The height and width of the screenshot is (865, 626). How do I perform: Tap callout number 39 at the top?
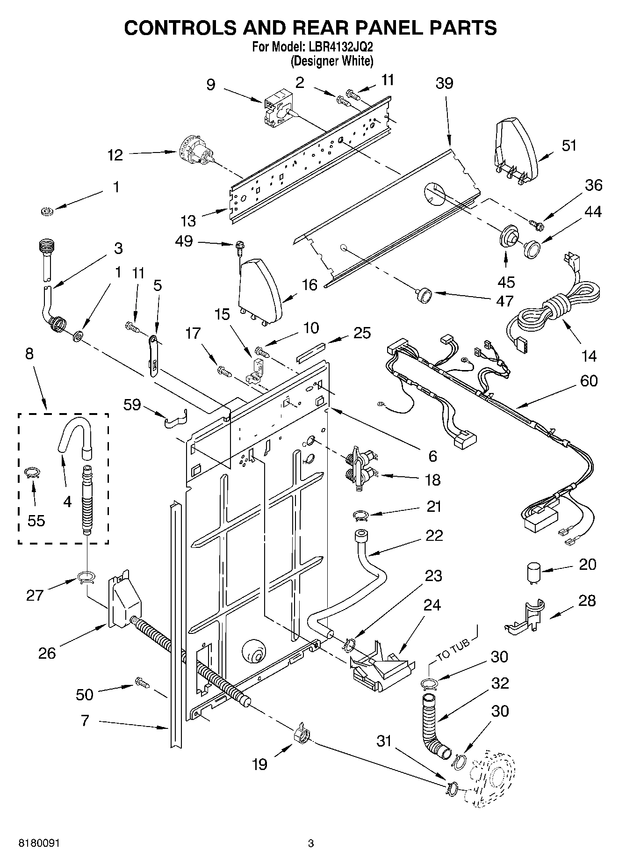444,83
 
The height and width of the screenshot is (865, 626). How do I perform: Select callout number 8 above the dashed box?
29,354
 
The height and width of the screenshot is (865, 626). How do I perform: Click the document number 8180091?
39,844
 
